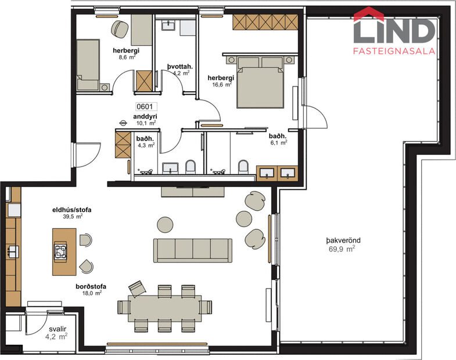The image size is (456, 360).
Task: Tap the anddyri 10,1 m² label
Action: coord(146,119)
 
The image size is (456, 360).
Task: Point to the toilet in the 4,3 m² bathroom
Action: coord(190,168)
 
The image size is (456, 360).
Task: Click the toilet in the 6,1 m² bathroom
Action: coord(243,168)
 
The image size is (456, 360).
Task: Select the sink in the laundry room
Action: coord(170,24)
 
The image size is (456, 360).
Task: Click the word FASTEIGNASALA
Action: coord(394,51)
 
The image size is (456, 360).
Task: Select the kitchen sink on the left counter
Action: coord(12,251)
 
